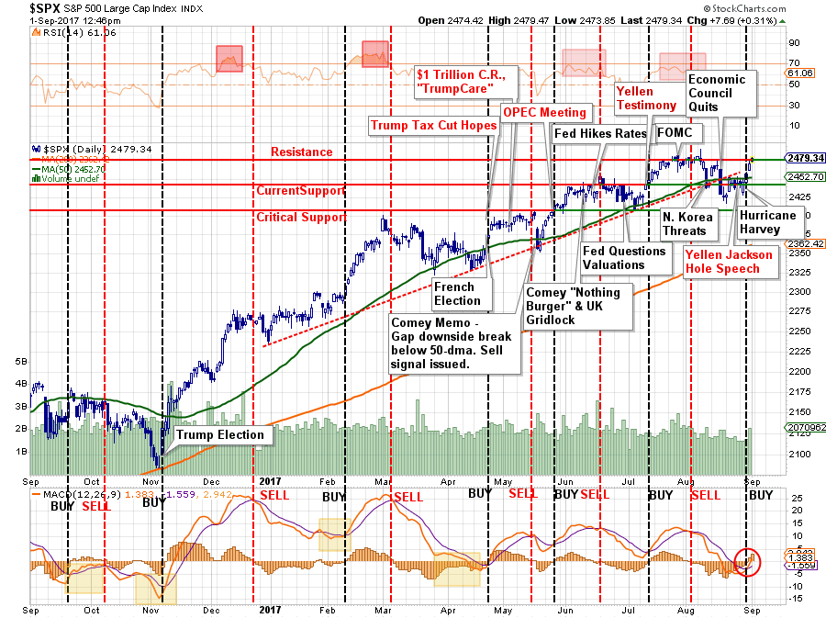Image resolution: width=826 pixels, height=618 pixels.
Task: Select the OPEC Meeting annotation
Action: [x=543, y=112]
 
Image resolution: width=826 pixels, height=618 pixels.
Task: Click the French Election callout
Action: [x=457, y=294]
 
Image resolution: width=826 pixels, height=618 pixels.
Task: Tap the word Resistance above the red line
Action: [x=301, y=152]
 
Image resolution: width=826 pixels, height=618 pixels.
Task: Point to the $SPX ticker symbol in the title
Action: [x=21, y=8]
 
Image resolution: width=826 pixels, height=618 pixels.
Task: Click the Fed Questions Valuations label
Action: [x=623, y=258]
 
